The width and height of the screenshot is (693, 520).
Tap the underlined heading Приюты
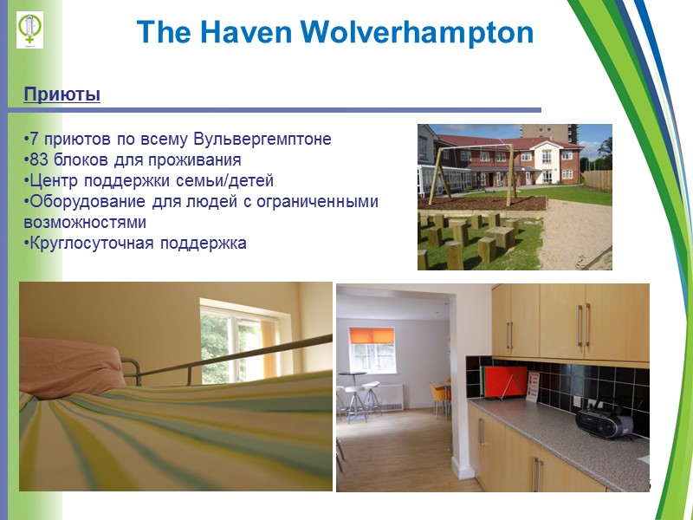62,94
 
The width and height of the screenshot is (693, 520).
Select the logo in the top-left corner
30,29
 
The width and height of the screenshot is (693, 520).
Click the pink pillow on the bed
78,364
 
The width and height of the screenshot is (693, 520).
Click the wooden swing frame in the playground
475,169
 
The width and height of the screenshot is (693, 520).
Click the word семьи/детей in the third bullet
232,181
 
